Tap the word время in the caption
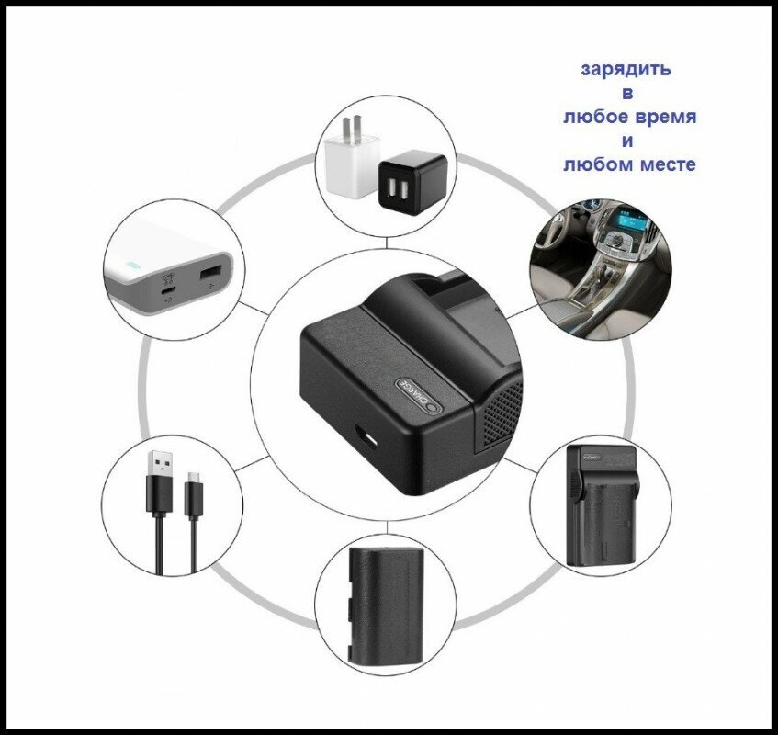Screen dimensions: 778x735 pyautogui.click(x=663, y=118)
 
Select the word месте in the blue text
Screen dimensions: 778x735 pyautogui.click(x=664, y=164)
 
